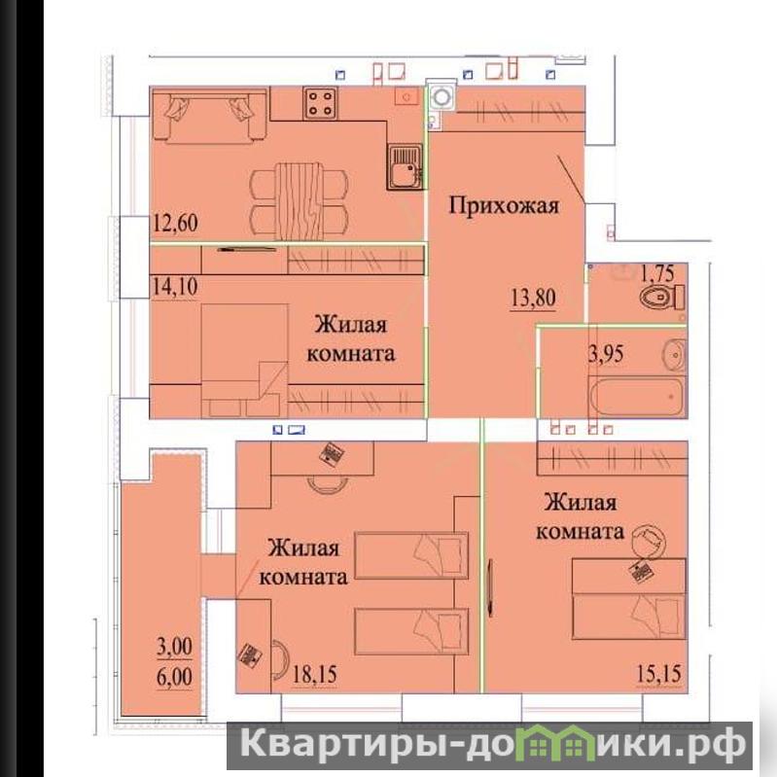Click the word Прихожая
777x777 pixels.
tap(504, 205)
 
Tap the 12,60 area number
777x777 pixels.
tap(175, 223)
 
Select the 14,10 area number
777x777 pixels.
tap(175, 287)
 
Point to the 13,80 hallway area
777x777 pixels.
tap(533, 298)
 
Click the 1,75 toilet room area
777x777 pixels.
tap(657, 273)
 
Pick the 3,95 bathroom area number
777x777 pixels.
tap(606, 354)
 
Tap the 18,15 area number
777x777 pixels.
tap(314, 674)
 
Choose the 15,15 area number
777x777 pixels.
tap(658, 674)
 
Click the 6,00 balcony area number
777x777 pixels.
tap(174, 677)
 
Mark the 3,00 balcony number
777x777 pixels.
tap(174, 647)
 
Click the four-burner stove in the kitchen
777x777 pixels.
tap(321, 103)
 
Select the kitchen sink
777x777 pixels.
tap(405, 167)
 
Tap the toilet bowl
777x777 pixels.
tap(660, 299)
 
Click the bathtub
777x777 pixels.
tap(637, 397)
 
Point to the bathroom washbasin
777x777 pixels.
tap(674, 355)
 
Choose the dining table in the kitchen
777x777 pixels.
tap(300, 201)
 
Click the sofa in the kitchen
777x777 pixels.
tap(210, 116)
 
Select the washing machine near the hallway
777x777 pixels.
tap(441, 96)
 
